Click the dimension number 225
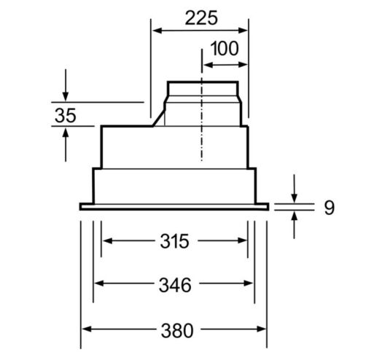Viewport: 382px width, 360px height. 201,17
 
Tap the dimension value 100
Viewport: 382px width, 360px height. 225,49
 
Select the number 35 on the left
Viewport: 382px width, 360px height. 66,115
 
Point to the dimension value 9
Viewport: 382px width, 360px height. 330,208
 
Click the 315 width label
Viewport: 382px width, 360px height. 174,241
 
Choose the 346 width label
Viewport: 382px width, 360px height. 175,285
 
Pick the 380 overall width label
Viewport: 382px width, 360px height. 177,330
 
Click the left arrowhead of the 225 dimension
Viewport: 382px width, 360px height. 157,31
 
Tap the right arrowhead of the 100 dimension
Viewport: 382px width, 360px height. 243,65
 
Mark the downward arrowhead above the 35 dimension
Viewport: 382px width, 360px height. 66,96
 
